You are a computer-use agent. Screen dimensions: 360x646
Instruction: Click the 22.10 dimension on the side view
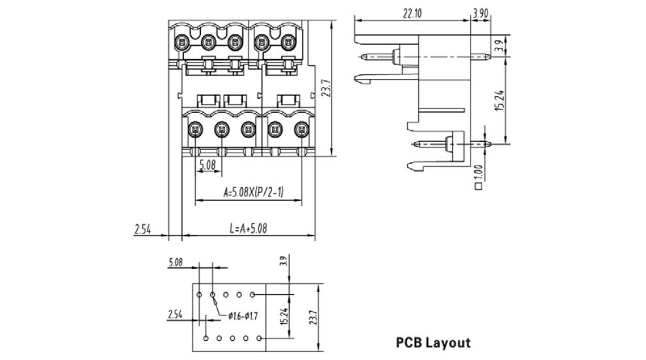click(410, 12)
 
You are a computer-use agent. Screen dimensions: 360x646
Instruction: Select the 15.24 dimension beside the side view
click(499, 97)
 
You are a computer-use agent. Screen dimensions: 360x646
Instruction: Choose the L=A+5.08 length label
click(248, 228)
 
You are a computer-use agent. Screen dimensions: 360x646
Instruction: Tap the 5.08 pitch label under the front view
click(208, 165)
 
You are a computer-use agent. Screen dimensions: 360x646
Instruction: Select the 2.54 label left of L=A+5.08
click(143, 228)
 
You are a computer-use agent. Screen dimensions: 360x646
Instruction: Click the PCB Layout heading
click(433, 342)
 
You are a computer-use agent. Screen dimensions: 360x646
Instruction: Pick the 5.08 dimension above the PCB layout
click(176, 263)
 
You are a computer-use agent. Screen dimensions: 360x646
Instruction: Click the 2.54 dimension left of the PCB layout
click(175, 314)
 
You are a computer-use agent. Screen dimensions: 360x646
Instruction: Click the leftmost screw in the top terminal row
click(181, 44)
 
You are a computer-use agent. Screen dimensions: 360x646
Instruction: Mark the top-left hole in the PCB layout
click(199, 295)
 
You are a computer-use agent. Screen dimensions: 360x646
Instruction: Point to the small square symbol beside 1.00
click(479, 186)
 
